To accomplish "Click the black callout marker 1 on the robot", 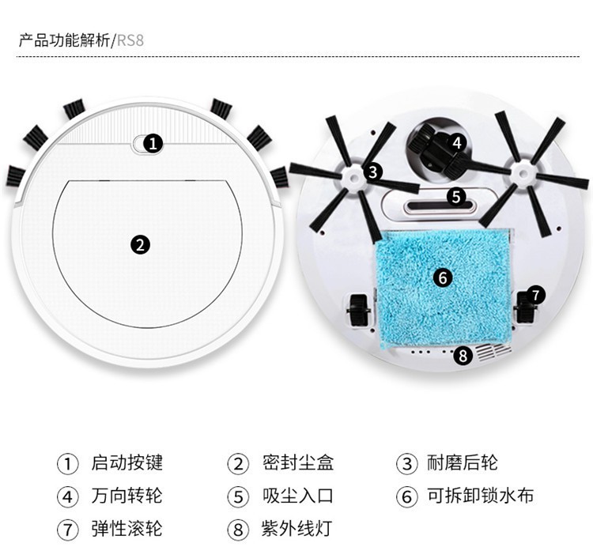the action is coord(153,144).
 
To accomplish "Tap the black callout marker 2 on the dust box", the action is coord(140,244).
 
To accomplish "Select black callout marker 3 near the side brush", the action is coord(373,172).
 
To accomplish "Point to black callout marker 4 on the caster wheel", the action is coord(457,143).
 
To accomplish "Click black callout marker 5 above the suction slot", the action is coord(456,197).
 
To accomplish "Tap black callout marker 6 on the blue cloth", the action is coord(443,277).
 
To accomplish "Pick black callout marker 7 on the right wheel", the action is coord(535,295).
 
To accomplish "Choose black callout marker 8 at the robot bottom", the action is coord(463,356).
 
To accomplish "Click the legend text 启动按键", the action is coord(127,462).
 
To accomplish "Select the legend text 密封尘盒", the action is coord(298,462).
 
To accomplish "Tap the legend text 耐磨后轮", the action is coord(463,462).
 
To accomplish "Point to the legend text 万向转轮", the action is coord(127,496).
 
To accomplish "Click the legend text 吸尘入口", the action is coord(298,496).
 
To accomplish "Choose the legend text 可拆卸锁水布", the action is coord(480,496).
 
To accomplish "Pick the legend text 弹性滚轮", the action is coord(127,528).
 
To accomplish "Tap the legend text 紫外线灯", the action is coord(296,528).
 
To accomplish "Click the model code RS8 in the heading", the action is coord(130,40).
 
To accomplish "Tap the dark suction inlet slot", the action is coord(440,207).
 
